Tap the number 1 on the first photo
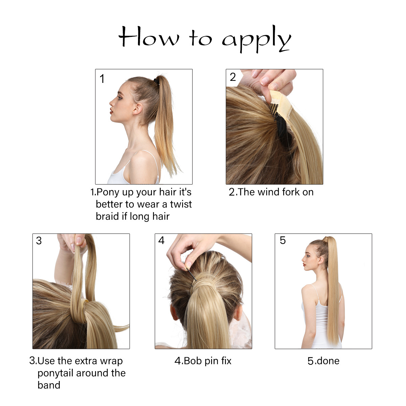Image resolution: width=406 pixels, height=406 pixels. click(102, 79)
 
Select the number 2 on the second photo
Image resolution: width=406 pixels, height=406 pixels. click(233, 77)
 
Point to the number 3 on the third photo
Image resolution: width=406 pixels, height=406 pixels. click(39, 241)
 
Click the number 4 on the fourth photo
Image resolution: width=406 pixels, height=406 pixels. click(161, 241)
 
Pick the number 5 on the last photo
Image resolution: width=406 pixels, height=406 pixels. click(283, 241)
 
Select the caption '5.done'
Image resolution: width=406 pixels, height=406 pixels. click(323, 361)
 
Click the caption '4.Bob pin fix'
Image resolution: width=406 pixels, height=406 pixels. click(203, 361)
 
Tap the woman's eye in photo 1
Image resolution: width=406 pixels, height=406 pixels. click(119, 97)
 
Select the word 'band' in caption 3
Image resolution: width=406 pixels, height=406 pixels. click(49, 385)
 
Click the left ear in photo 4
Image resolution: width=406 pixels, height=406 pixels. click(174, 313)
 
